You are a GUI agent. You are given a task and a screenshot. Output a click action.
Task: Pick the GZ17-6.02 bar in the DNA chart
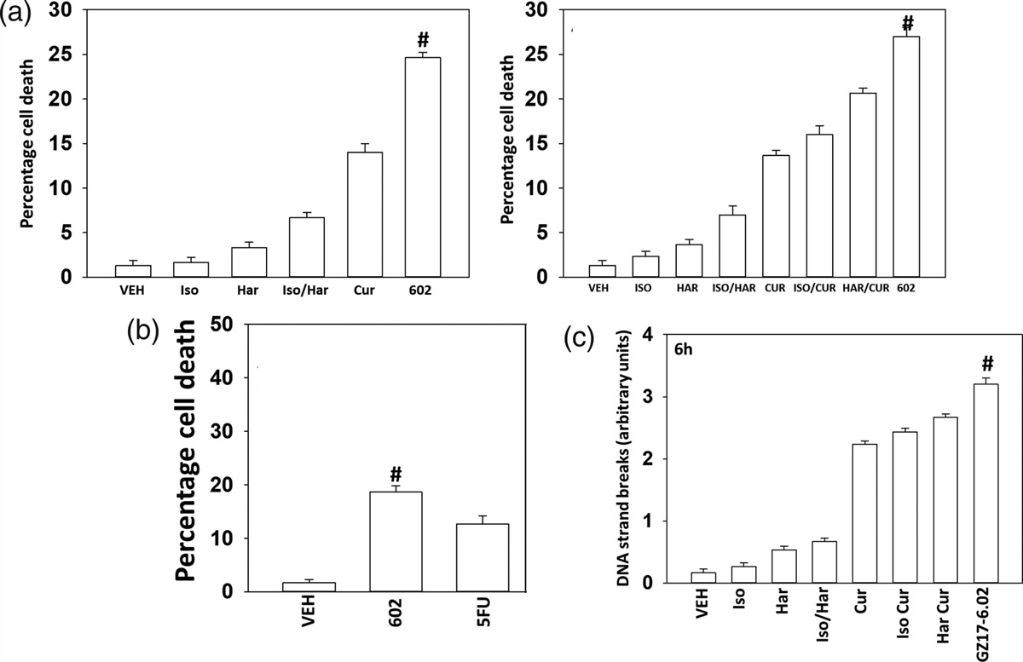pos(985,483)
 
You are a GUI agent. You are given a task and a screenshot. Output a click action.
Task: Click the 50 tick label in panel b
pos(224,324)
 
